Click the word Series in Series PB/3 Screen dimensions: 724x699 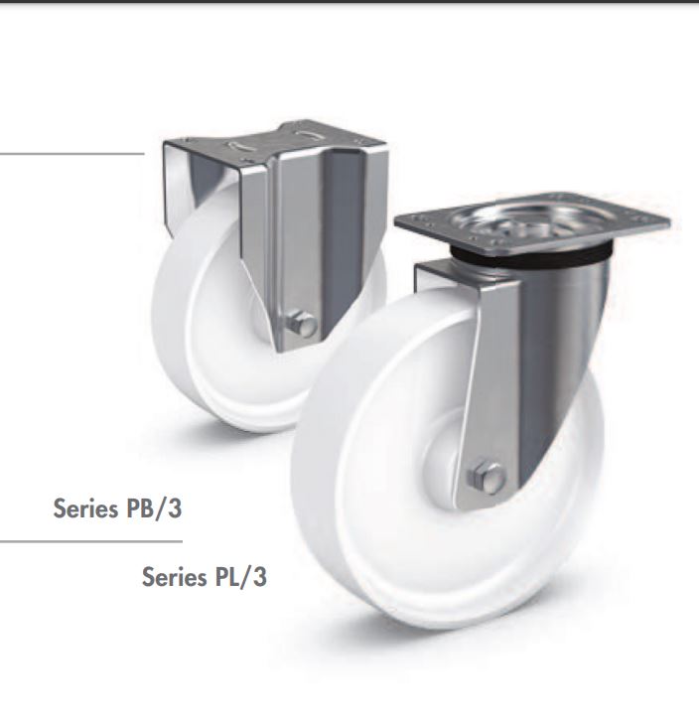click(84, 509)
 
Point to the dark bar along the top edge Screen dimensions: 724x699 click(349, 2)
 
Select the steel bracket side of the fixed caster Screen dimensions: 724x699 click(298, 238)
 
